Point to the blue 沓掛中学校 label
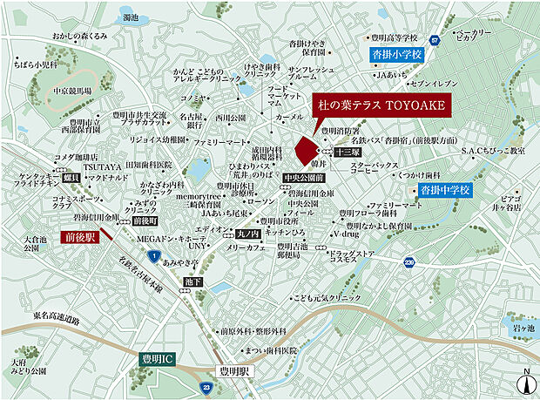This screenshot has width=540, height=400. (444, 189)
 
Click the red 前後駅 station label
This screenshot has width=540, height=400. (78, 236)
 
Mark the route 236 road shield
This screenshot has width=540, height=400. (409, 261)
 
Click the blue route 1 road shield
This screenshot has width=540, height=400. (153, 254)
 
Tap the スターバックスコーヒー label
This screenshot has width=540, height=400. (375, 168)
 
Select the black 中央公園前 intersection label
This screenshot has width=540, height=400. (303, 178)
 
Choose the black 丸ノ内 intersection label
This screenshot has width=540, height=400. (249, 234)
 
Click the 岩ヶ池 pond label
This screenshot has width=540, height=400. (522, 328)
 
